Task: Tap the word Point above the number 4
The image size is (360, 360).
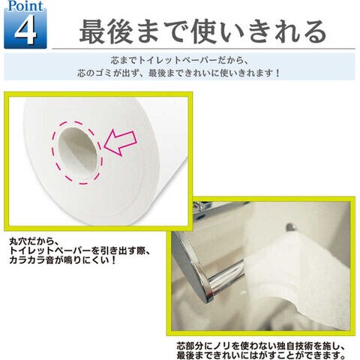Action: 25,6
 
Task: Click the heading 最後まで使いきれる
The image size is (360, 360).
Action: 203,31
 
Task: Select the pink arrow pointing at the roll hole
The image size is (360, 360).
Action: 120,142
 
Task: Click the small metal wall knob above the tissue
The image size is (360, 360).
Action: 290,228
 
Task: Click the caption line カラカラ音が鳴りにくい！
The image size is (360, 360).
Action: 63,260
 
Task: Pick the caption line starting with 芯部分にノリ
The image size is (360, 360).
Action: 261,346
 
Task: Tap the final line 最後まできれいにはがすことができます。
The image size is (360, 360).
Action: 261,355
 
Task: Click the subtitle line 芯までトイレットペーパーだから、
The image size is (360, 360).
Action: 179,61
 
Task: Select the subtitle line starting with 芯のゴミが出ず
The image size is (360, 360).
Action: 178,73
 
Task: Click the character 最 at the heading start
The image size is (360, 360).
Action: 91,32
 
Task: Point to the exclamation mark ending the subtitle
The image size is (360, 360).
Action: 277,73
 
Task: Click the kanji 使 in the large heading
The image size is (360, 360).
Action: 203,32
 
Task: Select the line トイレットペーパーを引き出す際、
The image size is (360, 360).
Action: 80,251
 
